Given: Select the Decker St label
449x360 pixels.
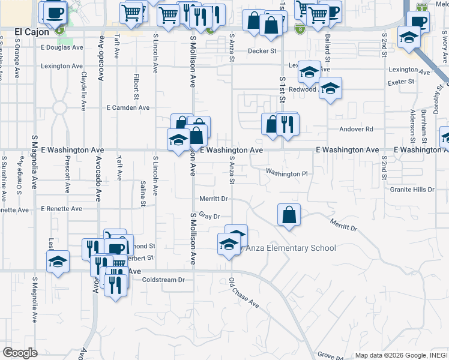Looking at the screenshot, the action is [262, 51].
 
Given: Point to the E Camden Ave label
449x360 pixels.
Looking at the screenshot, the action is [128, 108].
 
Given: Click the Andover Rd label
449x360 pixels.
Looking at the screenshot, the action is [356, 129].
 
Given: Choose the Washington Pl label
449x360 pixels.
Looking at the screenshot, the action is [287, 174].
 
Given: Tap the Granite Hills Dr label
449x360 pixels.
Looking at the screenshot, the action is [412, 189].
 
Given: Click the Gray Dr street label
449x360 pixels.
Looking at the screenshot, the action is [210, 215].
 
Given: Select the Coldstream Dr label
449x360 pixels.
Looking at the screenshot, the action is [163, 280].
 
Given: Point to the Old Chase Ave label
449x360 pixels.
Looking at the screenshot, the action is [244, 293].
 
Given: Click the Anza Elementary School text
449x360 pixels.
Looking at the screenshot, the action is [291, 248].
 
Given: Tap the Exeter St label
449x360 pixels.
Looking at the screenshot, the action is [401, 82].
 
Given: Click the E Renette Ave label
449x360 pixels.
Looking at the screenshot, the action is [61, 209].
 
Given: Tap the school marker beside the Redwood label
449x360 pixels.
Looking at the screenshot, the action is [330, 89].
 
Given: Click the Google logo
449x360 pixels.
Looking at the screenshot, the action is [20, 352].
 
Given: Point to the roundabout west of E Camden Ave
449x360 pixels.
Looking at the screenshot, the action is [59, 108].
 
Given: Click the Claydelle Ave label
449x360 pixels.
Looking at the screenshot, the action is [84, 91].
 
